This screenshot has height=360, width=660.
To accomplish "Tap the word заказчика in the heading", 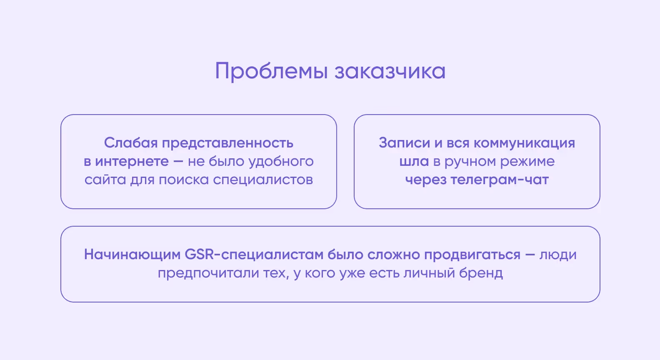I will (390, 71).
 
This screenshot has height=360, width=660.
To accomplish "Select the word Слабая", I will (130, 143).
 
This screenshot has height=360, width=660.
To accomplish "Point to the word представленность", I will (227, 143).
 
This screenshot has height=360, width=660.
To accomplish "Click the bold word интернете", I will (132, 161).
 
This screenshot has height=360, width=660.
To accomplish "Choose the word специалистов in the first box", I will (263, 180).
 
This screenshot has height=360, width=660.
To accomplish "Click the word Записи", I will (404, 143).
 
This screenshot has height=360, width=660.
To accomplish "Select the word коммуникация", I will (524, 143).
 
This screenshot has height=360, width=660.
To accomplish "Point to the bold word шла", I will (414, 161).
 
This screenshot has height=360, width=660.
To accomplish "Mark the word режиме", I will (527, 161).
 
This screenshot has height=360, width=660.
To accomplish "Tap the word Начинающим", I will (132, 255).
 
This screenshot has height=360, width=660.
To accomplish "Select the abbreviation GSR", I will (198, 255).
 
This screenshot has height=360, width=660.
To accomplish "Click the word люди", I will (558, 255).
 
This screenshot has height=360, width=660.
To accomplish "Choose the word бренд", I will (481, 273).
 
